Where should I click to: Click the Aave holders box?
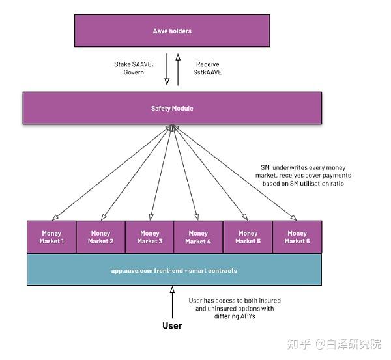172,31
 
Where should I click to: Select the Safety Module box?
172,107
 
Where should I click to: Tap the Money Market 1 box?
51,237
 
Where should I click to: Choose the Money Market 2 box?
100,237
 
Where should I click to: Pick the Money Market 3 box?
149,237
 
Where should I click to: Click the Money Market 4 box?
198,237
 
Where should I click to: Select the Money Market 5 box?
248,237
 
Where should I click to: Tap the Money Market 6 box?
297,237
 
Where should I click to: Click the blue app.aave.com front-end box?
174,270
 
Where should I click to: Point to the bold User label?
172,325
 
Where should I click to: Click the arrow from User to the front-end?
172,302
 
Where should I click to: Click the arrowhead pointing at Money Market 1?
55,217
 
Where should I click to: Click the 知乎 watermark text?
298,343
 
